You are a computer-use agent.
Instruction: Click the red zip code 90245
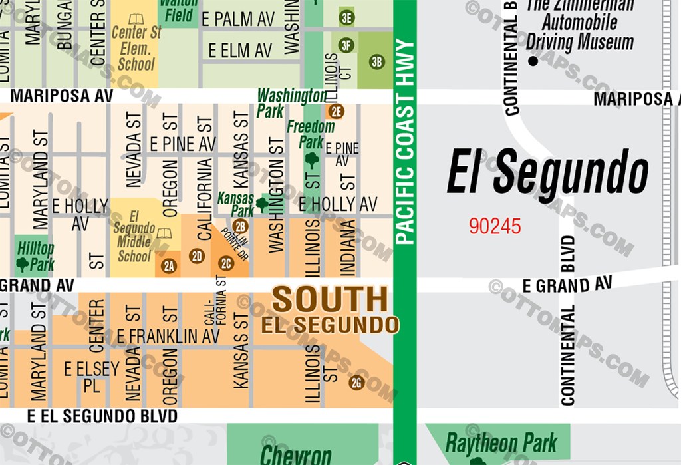(x=495, y=227)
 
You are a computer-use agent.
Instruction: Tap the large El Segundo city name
(x=547, y=172)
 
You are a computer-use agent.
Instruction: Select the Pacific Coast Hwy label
(x=404, y=142)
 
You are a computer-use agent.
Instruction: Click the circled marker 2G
(x=357, y=383)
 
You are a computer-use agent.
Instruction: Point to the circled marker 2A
(x=169, y=267)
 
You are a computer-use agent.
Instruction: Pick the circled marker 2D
(x=196, y=256)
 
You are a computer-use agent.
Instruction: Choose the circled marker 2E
(x=335, y=111)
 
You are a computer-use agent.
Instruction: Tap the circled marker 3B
(x=377, y=63)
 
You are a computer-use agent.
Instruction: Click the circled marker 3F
(x=346, y=45)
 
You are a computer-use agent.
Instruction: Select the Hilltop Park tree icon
(x=23, y=264)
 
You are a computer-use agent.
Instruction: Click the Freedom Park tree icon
(x=311, y=160)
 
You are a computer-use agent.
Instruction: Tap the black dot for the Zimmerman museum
(x=532, y=61)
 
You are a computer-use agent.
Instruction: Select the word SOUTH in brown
(x=330, y=300)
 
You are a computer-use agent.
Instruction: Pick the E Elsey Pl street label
(x=91, y=377)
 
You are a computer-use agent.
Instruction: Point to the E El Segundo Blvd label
(x=102, y=416)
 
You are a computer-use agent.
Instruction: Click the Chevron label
(x=295, y=456)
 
